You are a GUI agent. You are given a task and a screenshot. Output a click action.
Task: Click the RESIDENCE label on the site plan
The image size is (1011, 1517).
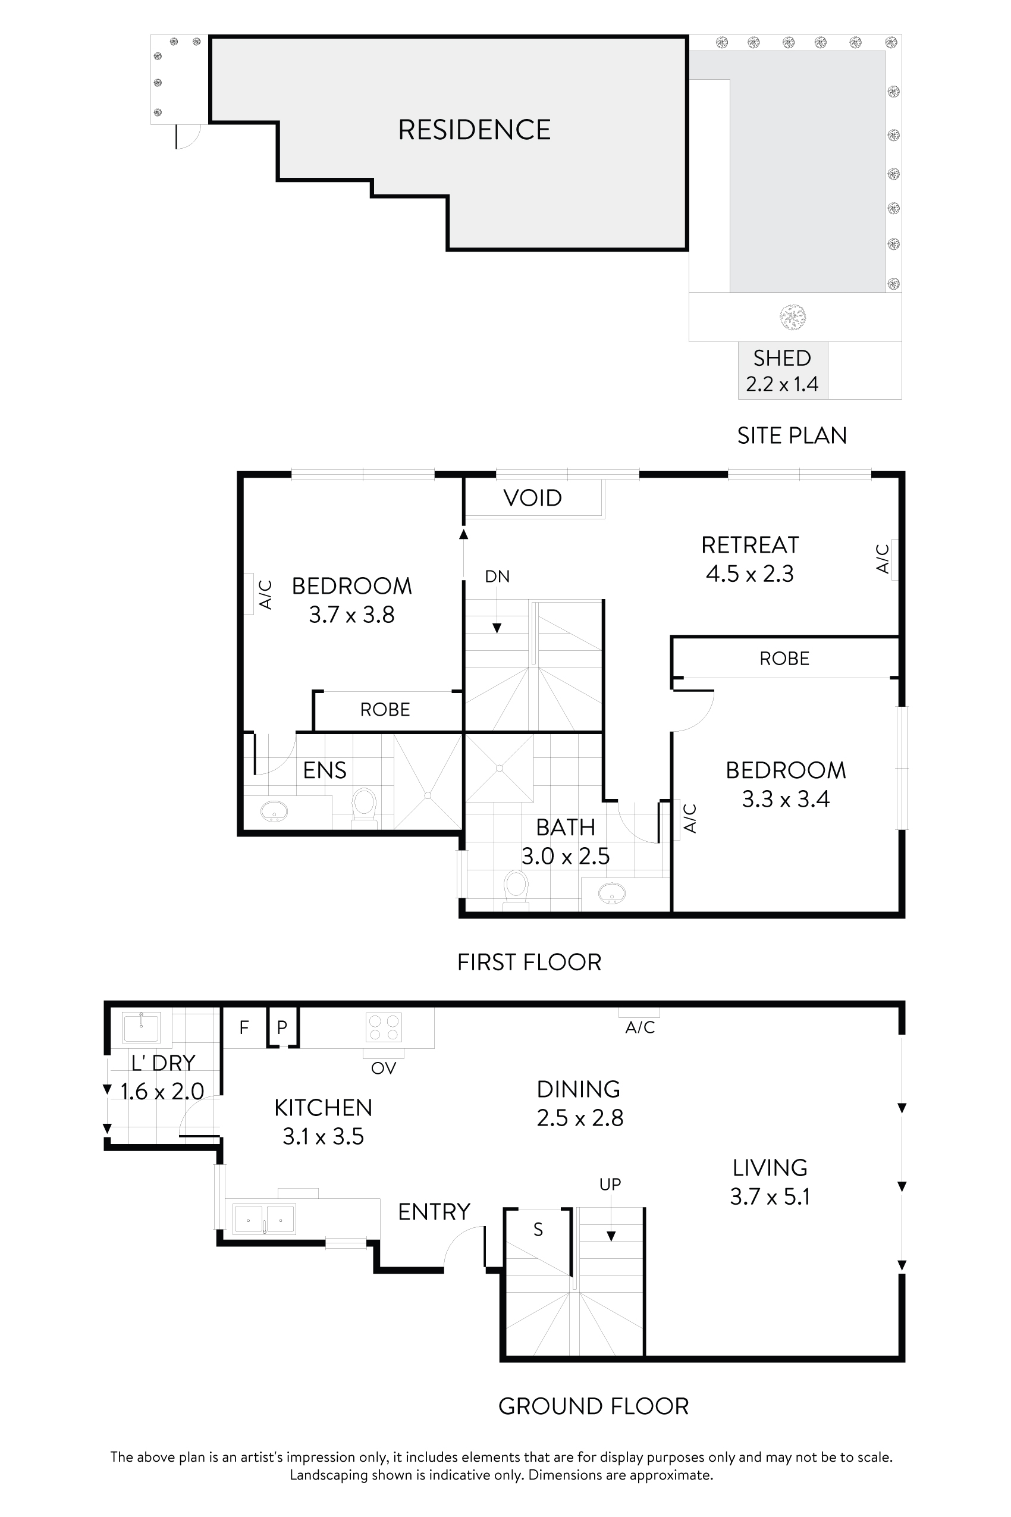(474, 130)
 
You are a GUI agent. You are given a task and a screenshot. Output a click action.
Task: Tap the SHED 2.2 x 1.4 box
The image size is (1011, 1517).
(782, 371)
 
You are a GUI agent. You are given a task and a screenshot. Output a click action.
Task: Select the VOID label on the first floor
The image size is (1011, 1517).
(533, 498)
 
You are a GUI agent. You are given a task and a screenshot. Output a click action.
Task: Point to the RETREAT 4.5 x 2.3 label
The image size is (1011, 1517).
(749, 559)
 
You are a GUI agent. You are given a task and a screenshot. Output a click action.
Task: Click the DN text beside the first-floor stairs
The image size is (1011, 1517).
(497, 576)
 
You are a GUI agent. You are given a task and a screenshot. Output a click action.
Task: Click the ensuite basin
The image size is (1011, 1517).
(274, 811)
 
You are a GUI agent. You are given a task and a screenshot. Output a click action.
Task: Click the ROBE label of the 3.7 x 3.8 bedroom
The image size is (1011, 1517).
(385, 710)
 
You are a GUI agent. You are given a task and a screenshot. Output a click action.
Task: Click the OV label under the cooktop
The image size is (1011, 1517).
(383, 1068)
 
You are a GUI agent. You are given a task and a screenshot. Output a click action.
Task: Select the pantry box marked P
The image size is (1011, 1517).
(282, 1027)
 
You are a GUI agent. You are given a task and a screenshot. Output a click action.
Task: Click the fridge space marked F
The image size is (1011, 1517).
(244, 1027)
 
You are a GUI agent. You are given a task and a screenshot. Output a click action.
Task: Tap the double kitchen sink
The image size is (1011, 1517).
(263, 1220)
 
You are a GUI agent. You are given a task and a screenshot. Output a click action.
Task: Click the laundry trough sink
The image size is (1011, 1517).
(141, 1027)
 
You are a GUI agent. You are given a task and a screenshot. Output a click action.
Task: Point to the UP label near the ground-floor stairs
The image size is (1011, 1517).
(610, 1184)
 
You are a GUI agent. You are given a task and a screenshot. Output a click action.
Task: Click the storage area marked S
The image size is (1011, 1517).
(538, 1230)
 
